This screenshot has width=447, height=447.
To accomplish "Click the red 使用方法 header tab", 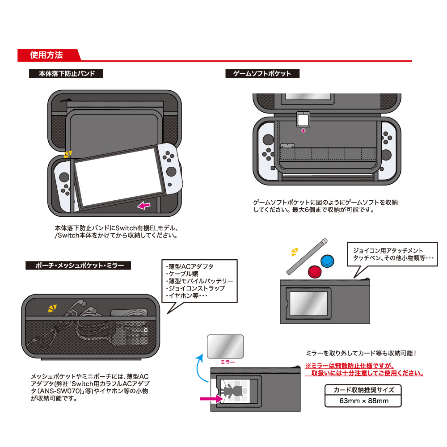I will tap(47, 55).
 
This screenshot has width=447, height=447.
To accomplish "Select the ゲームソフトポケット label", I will tap(262, 74).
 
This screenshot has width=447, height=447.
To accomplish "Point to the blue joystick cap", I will tap(328, 261).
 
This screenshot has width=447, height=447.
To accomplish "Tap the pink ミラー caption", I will tap(228, 362).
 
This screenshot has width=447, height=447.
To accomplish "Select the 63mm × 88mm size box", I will tap(363, 401).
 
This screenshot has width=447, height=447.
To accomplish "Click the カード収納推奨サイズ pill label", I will tap(363, 390).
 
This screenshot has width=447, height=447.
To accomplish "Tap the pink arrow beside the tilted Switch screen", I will tap(143, 205).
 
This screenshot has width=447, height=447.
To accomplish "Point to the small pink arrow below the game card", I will tap(304, 131).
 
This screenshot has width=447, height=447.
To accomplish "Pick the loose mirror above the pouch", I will tap(226, 346).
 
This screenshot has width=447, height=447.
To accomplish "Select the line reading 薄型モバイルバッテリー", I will tap(200, 281).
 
